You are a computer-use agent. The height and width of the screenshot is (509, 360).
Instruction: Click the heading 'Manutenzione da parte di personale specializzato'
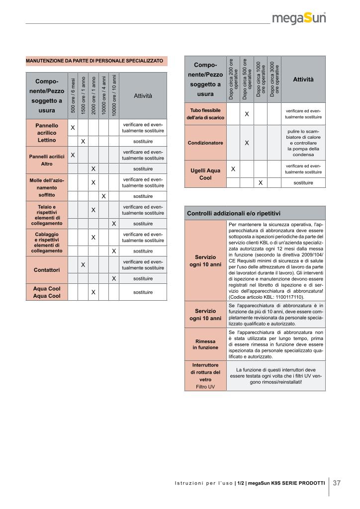(94, 61)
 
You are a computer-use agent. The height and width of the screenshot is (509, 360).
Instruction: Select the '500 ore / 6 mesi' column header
(73, 95)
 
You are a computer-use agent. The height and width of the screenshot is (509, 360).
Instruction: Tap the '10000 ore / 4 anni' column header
(103, 95)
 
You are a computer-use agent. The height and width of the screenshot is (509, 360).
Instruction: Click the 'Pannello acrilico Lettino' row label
(46, 133)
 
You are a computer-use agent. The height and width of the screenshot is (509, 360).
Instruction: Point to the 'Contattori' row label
(46, 270)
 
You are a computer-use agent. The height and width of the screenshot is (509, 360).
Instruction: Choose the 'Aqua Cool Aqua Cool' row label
(46, 292)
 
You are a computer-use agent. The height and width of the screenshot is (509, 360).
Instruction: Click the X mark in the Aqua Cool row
(93, 292)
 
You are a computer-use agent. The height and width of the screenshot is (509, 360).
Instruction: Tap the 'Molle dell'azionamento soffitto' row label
(46, 187)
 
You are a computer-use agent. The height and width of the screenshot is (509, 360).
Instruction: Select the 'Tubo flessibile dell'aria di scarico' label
(205, 114)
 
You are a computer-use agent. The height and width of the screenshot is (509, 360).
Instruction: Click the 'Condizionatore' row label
(205, 143)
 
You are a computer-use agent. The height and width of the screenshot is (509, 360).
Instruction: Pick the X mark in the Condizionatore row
(247, 143)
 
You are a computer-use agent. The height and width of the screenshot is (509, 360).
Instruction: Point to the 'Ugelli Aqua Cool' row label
(205, 174)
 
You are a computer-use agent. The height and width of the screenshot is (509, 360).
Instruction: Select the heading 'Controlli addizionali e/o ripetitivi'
(234, 213)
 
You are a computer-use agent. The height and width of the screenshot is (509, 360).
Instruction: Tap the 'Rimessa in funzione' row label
(205, 344)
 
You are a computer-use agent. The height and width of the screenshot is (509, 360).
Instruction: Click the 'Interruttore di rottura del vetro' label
(205, 375)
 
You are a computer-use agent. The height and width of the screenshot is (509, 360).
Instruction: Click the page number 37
(337, 483)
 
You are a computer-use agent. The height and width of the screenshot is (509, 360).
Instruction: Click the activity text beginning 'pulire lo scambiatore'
(303, 143)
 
